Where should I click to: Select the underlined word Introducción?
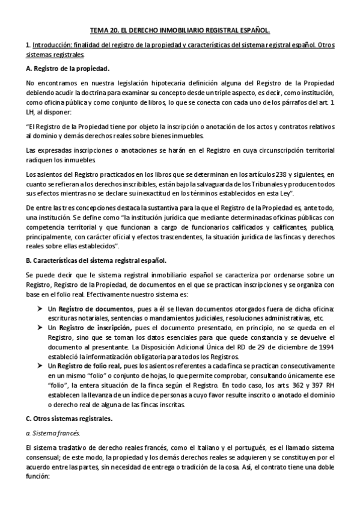[x=53, y=45]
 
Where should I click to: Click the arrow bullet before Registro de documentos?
[x=41, y=309]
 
